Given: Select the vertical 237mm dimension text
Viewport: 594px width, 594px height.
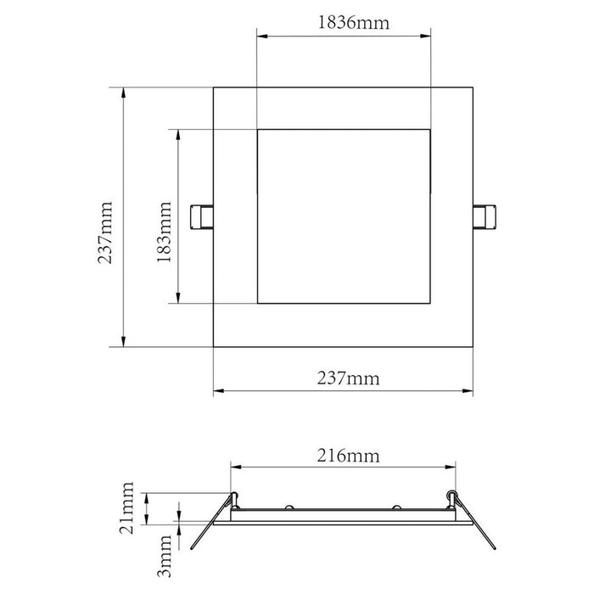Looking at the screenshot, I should coord(106,233).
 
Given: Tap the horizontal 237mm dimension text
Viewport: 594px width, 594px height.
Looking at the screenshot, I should coord(343,378).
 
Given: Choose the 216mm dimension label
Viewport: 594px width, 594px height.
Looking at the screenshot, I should coord(343,456).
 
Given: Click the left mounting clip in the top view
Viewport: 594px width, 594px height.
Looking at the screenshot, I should coord(203,217).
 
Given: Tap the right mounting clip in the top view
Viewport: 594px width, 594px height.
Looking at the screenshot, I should coord(483,216).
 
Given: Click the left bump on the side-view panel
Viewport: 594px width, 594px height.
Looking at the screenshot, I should coord(289,507).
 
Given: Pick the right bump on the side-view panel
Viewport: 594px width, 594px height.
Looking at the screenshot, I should coord(396,507).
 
